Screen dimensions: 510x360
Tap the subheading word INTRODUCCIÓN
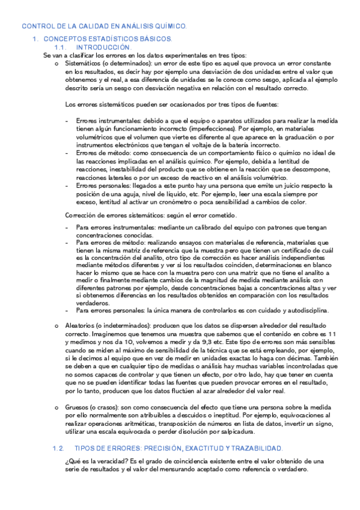[x=103, y=47]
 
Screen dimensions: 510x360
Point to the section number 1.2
[x=58, y=449]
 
